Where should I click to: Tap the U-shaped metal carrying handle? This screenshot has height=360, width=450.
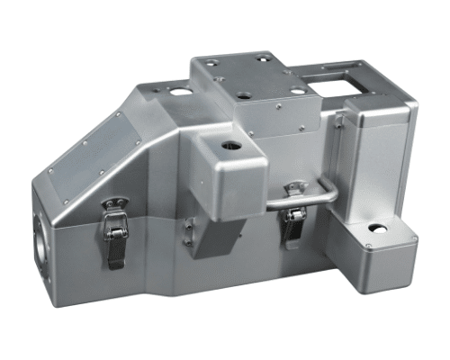[x=310, y=197]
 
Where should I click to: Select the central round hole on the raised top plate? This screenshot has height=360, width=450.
[x=245, y=93]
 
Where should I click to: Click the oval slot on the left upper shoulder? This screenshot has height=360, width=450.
[x=180, y=92]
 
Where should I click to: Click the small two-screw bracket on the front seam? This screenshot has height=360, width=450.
[x=187, y=230]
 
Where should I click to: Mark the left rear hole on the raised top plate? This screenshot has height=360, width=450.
[x=209, y=62]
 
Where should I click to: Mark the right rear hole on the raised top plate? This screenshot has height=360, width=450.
[x=263, y=59]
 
